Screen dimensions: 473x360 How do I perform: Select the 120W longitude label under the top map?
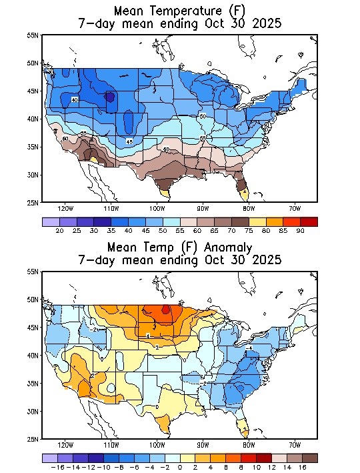[x=65, y=207]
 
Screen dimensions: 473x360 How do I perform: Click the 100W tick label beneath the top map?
[x=157, y=207]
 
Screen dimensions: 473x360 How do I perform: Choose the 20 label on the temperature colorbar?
[x=59, y=230]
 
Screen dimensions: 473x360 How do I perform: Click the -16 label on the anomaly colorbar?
[x=57, y=468]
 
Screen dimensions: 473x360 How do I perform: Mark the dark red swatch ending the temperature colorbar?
[x=309, y=221]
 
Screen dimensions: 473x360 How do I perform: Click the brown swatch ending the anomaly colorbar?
[x=309, y=458]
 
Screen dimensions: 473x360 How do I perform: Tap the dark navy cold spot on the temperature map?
[x=110, y=97]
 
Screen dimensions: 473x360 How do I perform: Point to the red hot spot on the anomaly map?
[x=166, y=309]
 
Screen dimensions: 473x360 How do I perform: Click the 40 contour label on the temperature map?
[x=75, y=100]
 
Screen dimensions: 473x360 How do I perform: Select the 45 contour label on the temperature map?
[x=130, y=141]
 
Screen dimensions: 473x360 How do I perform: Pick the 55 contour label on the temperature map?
[x=203, y=138]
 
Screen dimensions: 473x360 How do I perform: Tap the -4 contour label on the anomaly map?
[x=249, y=348]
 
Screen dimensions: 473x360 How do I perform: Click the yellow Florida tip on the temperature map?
[x=245, y=193]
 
